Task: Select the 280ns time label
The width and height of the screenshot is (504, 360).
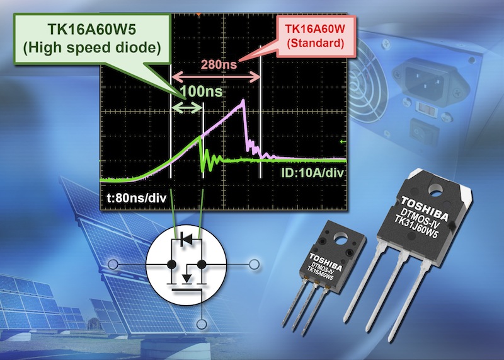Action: (x=218, y=65)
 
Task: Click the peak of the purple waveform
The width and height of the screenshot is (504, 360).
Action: (x=242, y=101)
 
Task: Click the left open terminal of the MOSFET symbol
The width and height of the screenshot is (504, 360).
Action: (x=112, y=264)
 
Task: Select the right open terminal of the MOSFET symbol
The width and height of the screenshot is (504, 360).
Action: (x=255, y=264)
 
